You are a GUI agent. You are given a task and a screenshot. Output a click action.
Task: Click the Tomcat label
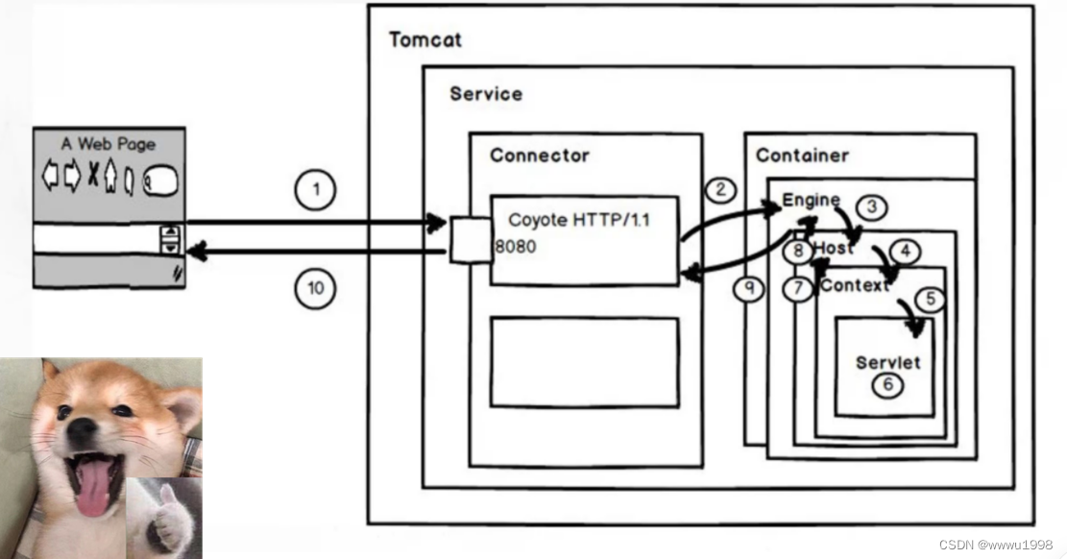pyautogui.click(x=424, y=40)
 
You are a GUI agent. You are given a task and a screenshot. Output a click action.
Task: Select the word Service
pyautogui.click(x=486, y=94)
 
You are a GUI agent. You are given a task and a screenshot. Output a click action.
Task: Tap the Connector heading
pyautogui.click(x=539, y=156)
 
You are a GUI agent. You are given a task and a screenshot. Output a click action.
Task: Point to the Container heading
pyautogui.click(x=802, y=156)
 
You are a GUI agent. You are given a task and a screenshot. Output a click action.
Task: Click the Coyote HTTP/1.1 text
pyautogui.click(x=579, y=220)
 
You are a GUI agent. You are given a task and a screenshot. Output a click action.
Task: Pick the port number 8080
pyautogui.click(x=516, y=246)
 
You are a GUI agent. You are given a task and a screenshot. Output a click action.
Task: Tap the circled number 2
pyautogui.click(x=719, y=189)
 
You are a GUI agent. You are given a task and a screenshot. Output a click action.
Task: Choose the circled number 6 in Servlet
pyautogui.click(x=888, y=385)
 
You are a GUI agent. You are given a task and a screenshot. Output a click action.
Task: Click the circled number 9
pyautogui.click(x=748, y=286)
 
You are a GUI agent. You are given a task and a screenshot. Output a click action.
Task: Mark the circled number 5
pyautogui.click(x=929, y=300)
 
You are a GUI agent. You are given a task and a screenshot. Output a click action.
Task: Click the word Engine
pyautogui.click(x=811, y=200)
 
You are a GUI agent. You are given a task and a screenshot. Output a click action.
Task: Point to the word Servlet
pyautogui.click(x=887, y=363)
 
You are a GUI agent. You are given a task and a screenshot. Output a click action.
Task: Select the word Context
pyautogui.click(x=854, y=285)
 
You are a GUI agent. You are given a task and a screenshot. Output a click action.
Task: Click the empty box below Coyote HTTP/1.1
pyautogui.click(x=584, y=362)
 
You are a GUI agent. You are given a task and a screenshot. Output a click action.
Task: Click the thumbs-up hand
pyautogui.click(x=170, y=519)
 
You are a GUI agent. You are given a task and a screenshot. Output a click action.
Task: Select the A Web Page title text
pyautogui.click(x=109, y=144)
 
